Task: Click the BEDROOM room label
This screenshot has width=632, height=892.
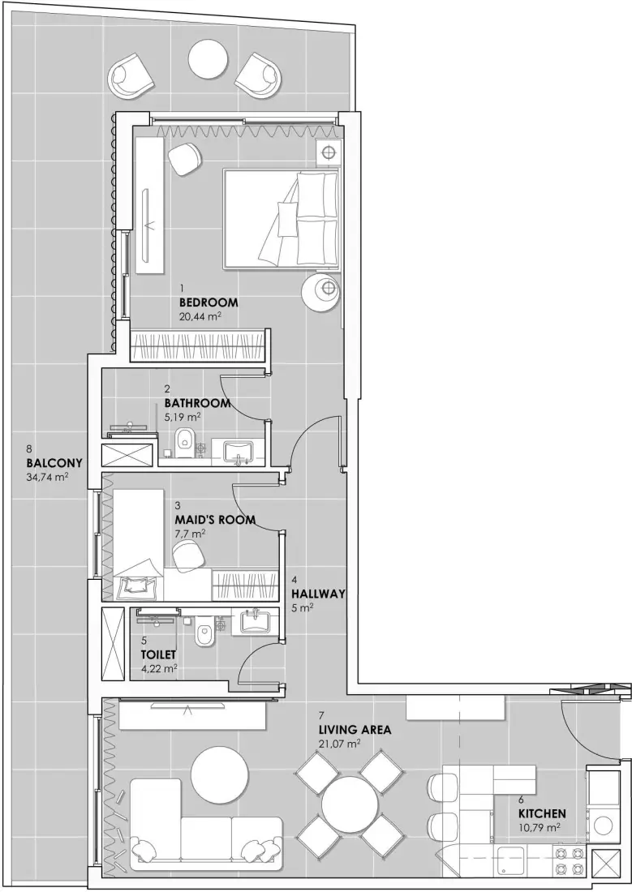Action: pos(208,303)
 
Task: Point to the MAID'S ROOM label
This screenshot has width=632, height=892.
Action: pos(215,519)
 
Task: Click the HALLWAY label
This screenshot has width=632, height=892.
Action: pos(318,594)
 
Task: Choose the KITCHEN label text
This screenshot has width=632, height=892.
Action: pos(542,813)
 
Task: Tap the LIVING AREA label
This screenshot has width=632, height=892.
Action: pos(355,730)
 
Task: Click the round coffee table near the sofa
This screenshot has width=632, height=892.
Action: pos(218,771)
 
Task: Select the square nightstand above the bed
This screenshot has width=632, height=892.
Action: pos(329,152)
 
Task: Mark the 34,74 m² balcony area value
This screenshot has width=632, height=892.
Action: pos(47,477)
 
